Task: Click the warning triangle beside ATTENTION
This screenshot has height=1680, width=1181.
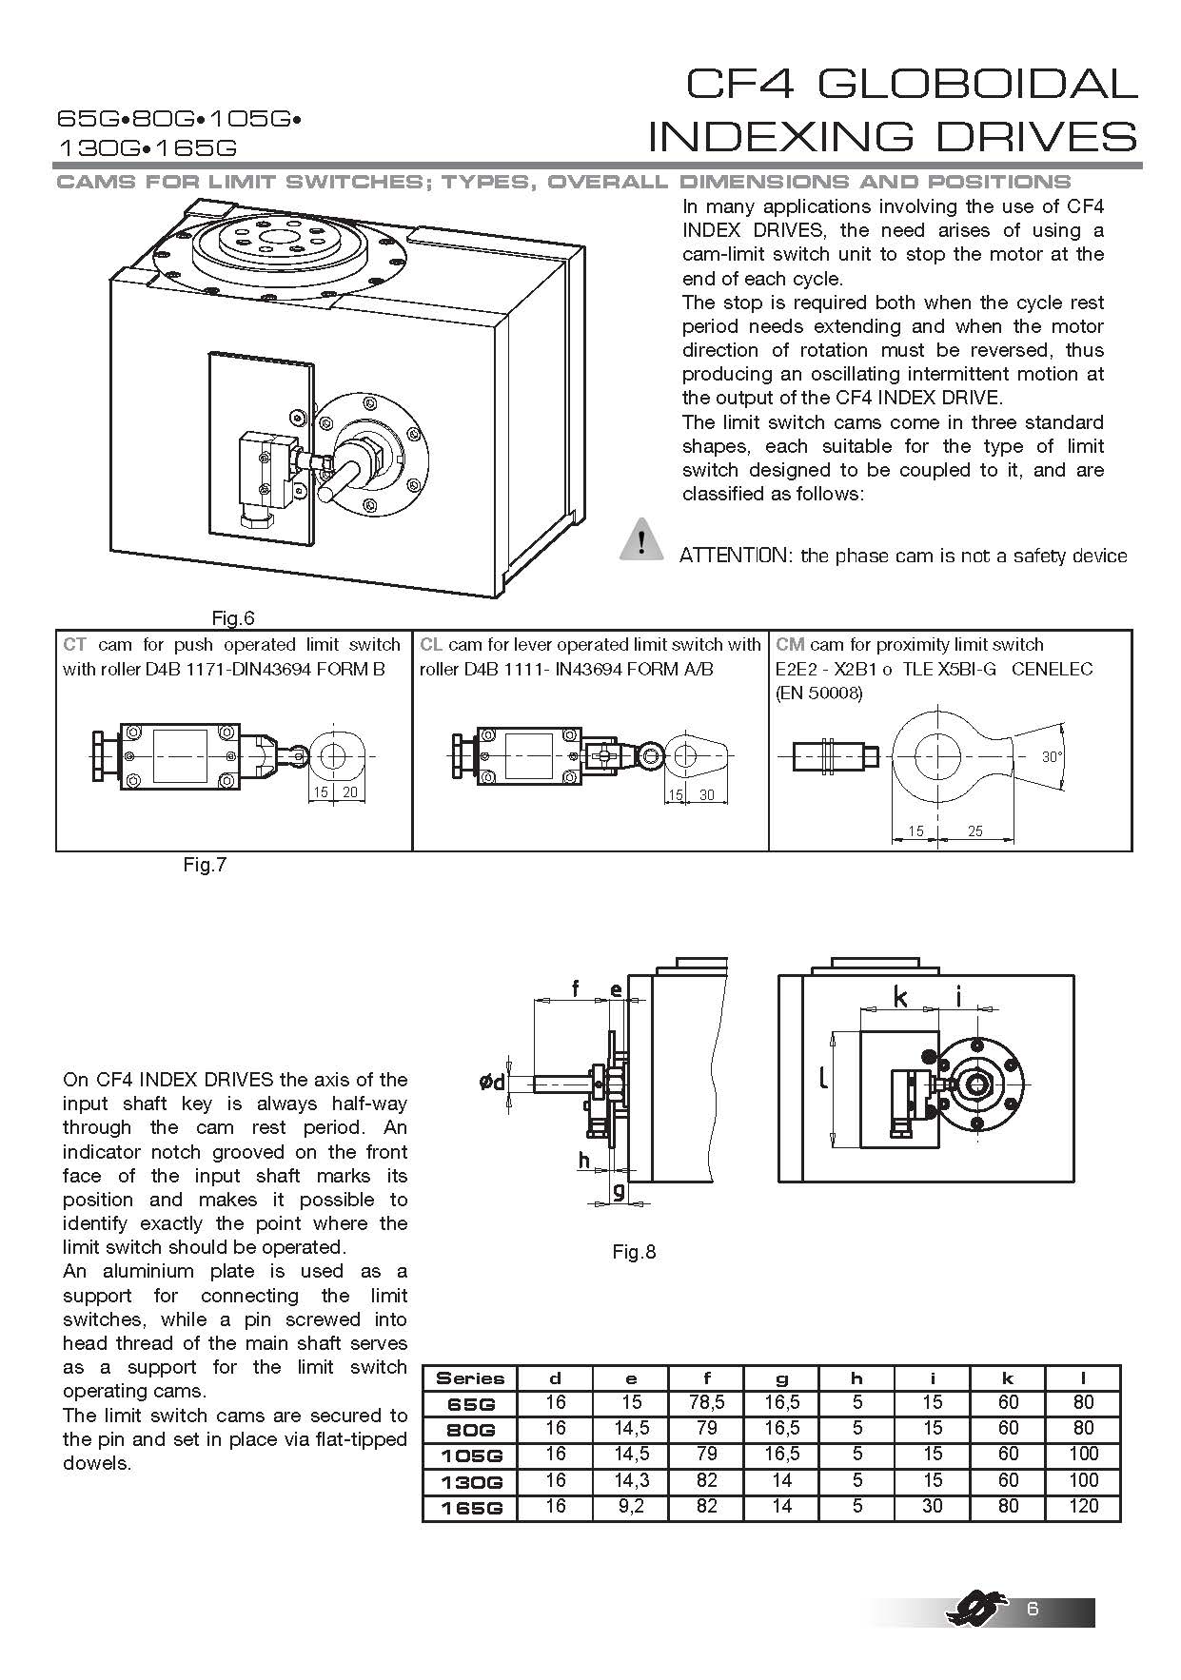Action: click(642, 540)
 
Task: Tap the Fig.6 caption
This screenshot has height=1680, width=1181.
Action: click(233, 619)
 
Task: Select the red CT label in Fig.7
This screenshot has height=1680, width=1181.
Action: click(74, 645)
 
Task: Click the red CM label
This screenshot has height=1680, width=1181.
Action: click(790, 645)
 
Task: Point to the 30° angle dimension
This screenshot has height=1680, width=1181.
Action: click(1051, 757)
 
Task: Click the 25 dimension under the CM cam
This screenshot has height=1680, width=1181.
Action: click(975, 831)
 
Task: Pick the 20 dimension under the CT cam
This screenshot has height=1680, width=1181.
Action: click(349, 791)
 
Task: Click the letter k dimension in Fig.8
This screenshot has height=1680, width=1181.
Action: click(900, 996)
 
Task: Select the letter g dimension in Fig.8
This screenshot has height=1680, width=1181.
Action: click(619, 1190)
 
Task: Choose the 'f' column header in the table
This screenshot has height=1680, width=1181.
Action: click(706, 1377)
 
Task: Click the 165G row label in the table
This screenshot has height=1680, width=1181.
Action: click(470, 1508)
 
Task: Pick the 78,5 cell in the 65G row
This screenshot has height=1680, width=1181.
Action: click(706, 1403)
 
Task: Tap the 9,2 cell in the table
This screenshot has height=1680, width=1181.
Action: click(631, 1507)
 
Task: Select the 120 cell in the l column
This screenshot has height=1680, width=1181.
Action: click(1083, 1507)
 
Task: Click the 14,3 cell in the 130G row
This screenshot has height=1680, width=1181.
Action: click(631, 1481)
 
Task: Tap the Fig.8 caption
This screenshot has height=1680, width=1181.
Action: click(634, 1252)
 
